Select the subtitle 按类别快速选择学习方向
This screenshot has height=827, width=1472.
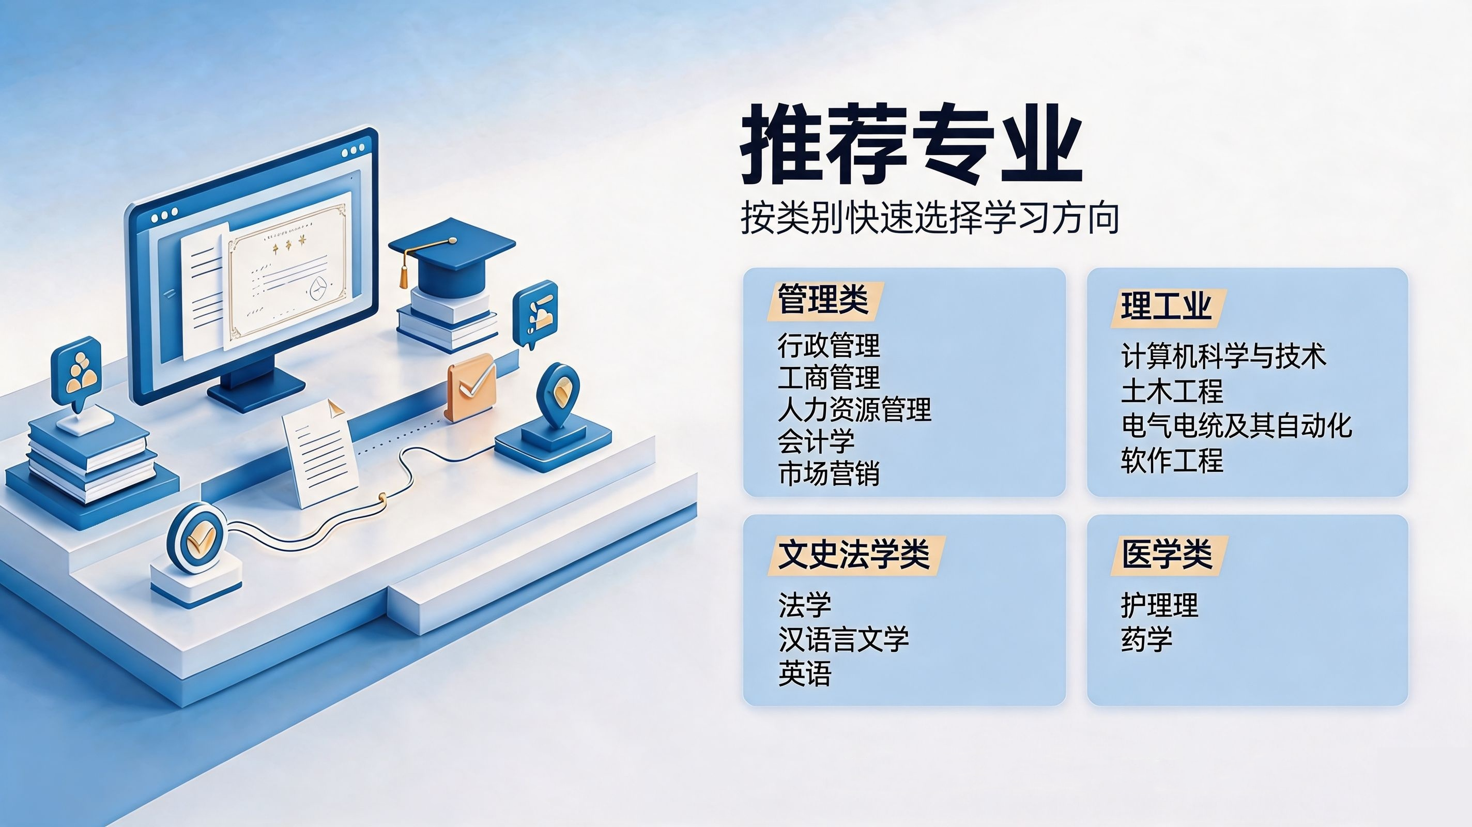[930, 218]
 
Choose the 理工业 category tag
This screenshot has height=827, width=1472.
[1168, 308]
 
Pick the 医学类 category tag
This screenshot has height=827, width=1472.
[1169, 555]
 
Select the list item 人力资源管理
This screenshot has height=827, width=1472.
[854, 410]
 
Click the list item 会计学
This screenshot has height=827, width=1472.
[816, 441]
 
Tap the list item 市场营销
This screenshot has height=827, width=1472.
[829, 473]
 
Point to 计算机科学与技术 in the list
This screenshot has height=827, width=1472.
[1223, 356]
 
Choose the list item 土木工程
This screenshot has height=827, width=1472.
[1172, 391]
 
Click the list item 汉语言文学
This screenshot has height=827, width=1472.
[844, 639]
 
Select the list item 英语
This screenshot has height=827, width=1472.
[805, 673]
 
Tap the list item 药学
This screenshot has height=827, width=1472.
[1147, 639]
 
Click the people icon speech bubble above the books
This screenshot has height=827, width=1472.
[76, 373]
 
